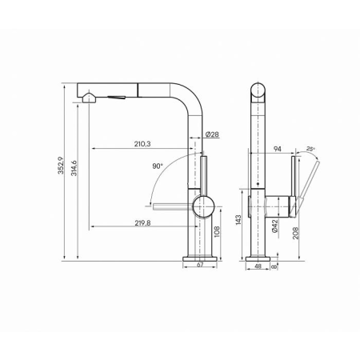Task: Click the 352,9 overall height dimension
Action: [61, 166]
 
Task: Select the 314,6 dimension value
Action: [74, 168]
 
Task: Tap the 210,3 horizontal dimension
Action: [142, 144]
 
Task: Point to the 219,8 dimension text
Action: [142, 223]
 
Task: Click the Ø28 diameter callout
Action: [212, 134]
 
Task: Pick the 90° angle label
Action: [158, 166]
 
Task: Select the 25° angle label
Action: [310, 149]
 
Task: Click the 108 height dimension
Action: [217, 232]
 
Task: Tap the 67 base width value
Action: [200, 265]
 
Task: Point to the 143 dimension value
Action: [238, 220]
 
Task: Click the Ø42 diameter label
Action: [275, 226]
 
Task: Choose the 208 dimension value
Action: [296, 233]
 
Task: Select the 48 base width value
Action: [258, 266]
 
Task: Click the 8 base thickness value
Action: [274, 266]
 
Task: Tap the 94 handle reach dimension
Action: [278, 149]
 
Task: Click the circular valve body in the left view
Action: [203, 206]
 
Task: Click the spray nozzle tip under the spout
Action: [88, 98]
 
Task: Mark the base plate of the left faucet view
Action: [200, 258]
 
